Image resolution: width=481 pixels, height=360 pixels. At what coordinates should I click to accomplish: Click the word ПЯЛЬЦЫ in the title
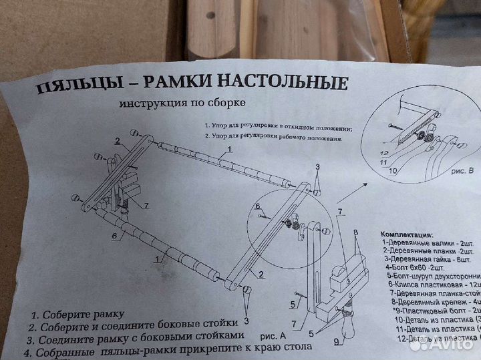coord(66,87)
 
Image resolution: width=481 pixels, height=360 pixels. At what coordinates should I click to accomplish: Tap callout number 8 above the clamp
coord(356,233)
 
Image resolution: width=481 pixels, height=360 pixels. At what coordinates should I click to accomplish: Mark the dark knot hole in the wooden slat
coord(210,15)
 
